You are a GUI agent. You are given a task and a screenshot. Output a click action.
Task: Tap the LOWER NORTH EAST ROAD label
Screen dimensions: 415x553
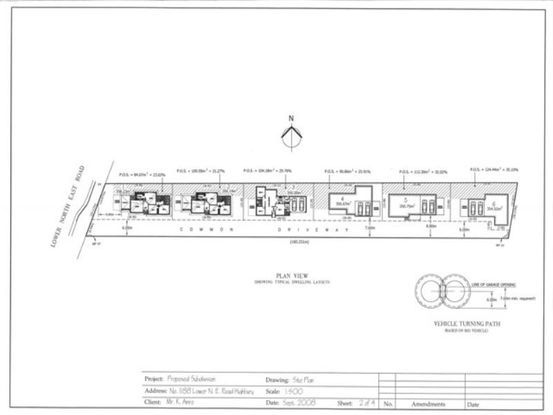73,205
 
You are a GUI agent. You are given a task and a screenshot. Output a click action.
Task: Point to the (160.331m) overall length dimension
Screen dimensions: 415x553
299,241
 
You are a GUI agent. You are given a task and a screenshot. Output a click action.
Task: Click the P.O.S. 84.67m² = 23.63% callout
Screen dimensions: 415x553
142,174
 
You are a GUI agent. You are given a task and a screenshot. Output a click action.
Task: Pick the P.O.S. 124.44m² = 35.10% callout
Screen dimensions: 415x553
494,169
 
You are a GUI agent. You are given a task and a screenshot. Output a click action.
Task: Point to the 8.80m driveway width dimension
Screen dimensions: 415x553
432,227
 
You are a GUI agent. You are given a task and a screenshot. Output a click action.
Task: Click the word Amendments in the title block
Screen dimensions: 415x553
429,403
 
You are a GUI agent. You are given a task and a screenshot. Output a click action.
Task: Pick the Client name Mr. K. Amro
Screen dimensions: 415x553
178,403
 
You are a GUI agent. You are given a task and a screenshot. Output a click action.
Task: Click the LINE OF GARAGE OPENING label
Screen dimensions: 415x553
491,284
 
